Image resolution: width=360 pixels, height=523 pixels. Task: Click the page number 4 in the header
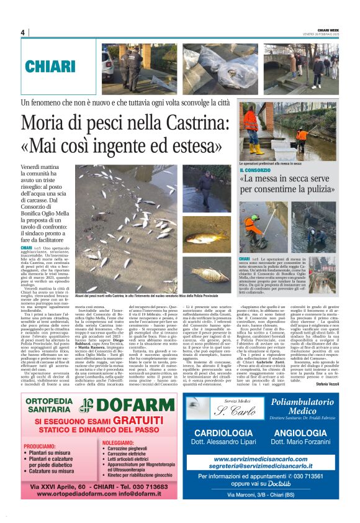pos(22,32)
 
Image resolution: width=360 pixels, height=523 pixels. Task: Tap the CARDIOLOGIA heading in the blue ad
pos(223,432)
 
